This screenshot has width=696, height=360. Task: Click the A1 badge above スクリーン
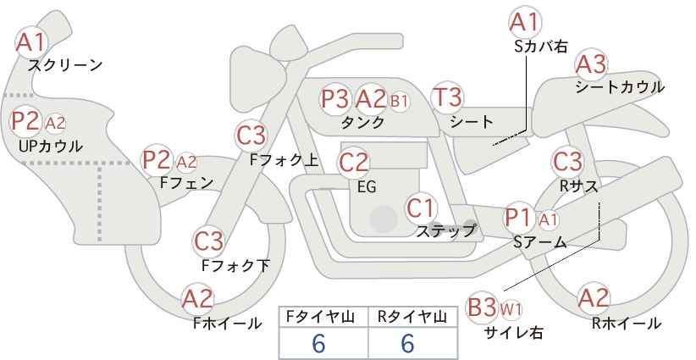(x=32, y=42)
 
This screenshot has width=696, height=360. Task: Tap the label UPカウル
(x=50, y=147)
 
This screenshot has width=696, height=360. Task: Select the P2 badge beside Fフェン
(x=157, y=158)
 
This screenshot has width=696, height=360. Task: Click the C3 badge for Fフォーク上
(x=251, y=135)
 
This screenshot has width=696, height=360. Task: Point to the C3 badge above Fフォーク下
(x=208, y=241)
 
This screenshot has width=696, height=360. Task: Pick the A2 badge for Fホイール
(x=198, y=298)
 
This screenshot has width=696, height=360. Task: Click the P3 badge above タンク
(x=335, y=98)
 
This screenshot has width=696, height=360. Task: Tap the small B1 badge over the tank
(x=399, y=100)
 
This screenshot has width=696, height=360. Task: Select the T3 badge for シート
(x=446, y=97)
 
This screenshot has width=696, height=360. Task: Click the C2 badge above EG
(x=354, y=161)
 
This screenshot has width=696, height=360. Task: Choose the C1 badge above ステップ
(x=421, y=206)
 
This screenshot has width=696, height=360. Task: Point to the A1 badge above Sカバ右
(x=524, y=21)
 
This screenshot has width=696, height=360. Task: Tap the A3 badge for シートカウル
(x=591, y=64)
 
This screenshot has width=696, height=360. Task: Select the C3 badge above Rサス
(x=567, y=160)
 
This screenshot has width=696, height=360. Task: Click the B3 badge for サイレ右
(x=482, y=307)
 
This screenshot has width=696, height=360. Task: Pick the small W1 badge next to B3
(x=511, y=307)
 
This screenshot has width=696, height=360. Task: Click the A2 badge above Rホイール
(x=593, y=298)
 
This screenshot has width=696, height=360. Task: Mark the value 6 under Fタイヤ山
(x=318, y=343)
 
